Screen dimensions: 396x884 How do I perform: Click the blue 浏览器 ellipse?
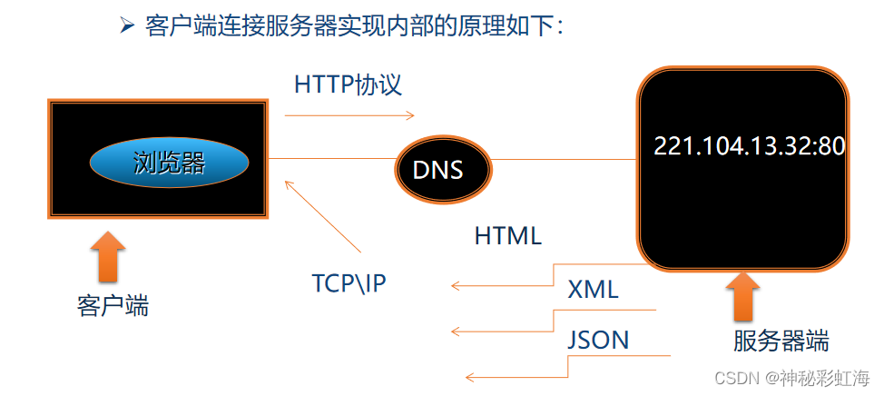click(x=169, y=163)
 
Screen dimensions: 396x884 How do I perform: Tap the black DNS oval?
click(x=443, y=169)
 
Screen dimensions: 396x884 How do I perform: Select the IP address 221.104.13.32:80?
click(x=750, y=146)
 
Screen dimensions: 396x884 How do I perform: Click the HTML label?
click(x=508, y=236)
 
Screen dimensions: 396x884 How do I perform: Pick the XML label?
click(x=593, y=291)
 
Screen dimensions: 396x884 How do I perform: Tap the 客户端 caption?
click(x=113, y=305)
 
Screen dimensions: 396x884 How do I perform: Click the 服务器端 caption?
click(x=781, y=342)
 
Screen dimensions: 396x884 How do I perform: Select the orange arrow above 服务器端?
click(x=744, y=297)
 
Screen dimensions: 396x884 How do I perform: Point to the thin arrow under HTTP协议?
click(x=349, y=115)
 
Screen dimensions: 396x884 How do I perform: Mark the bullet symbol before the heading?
click(x=127, y=25)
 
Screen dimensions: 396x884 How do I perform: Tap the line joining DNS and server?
click(x=563, y=160)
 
